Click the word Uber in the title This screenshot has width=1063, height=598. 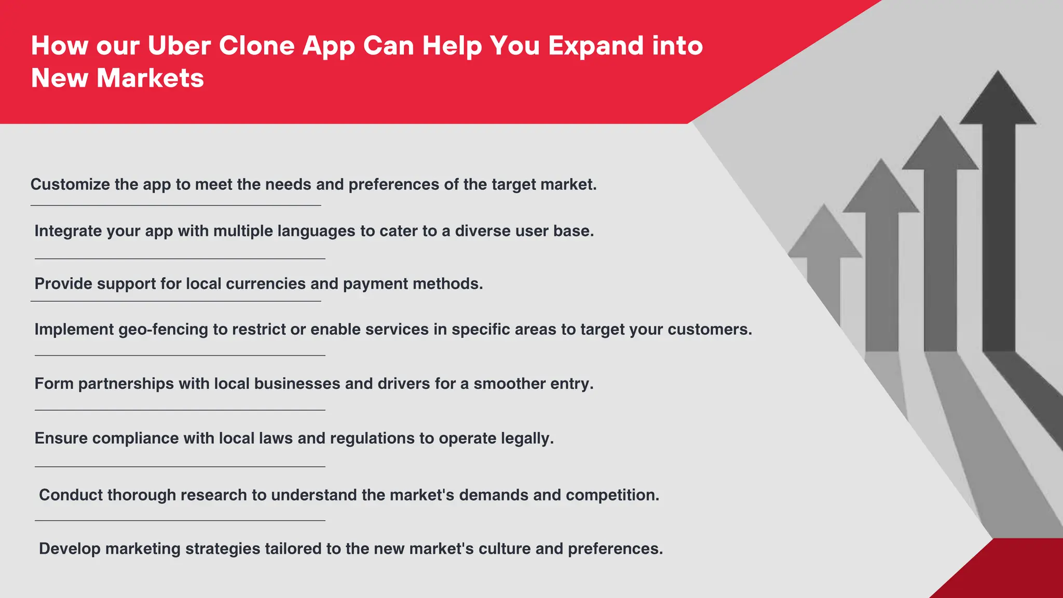(179, 46)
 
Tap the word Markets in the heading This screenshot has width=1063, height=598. (150, 78)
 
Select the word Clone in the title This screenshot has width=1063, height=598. (256, 46)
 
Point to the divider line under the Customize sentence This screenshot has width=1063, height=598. (175, 206)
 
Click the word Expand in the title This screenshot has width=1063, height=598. (596, 46)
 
